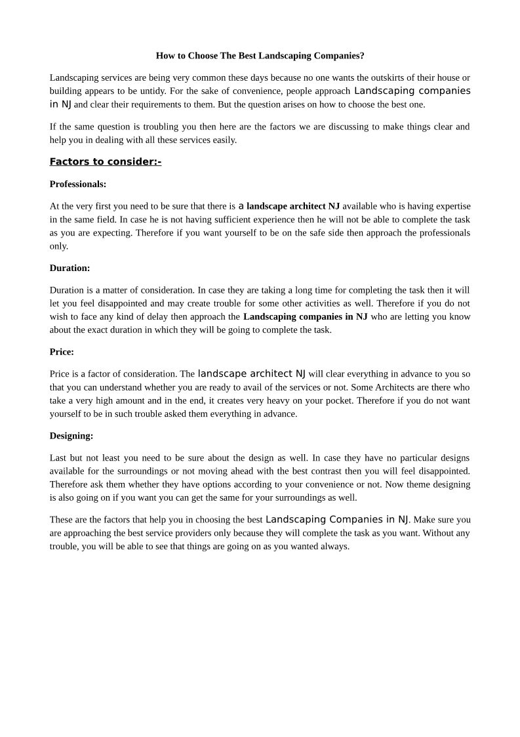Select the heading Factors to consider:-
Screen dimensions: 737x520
click(x=106, y=161)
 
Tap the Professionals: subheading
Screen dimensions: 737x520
click(x=78, y=184)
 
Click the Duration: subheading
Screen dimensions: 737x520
click(x=70, y=268)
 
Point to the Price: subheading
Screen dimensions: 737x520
click(x=62, y=352)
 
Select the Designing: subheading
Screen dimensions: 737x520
click(x=71, y=435)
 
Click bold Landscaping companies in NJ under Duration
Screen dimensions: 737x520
click(x=305, y=316)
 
